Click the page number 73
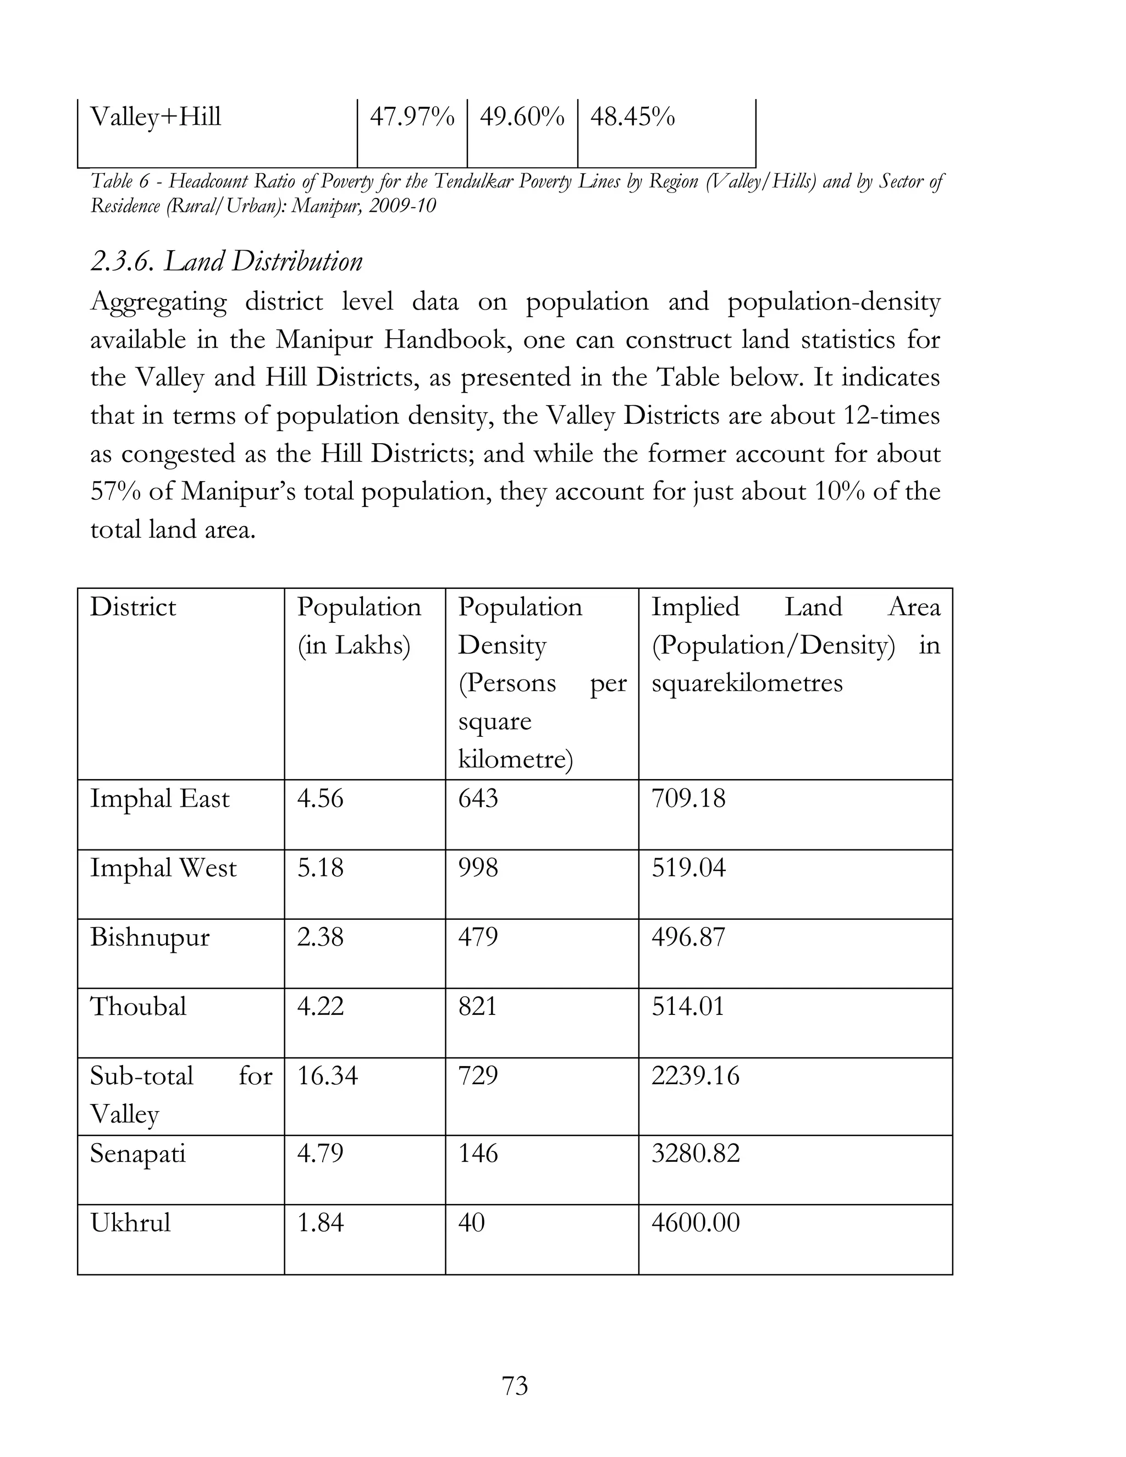click(x=515, y=1386)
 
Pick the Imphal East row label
click(x=159, y=798)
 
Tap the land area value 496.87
click(x=688, y=937)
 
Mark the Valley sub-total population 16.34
click(x=327, y=1076)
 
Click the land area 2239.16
click(x=695, y=1076)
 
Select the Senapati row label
click(x=137, y=1154)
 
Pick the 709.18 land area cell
click(x=688, y=798)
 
